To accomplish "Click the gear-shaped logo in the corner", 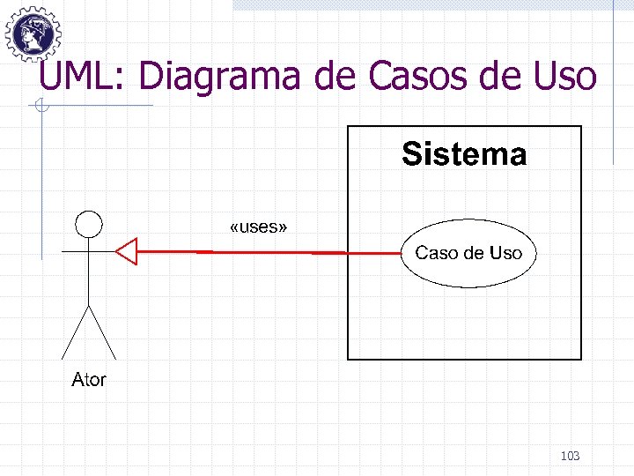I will coord(33,33).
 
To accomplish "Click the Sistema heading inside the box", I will coord(464,154).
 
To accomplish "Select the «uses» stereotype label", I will coord(257,227).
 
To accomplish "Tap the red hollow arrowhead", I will coord(128,252).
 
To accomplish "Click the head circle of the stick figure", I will coord(88,224).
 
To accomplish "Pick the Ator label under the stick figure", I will coord(88,380).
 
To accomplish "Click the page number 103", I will coord(570,456).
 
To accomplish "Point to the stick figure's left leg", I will coord(74,332).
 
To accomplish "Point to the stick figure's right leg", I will coord(102,332).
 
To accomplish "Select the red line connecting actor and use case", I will coord(264,252).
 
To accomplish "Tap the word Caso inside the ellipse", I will coord(436,253).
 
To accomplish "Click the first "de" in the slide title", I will coord(334,77).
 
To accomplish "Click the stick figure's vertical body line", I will coord(88,273).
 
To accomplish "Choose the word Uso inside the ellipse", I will coord(505,253).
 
